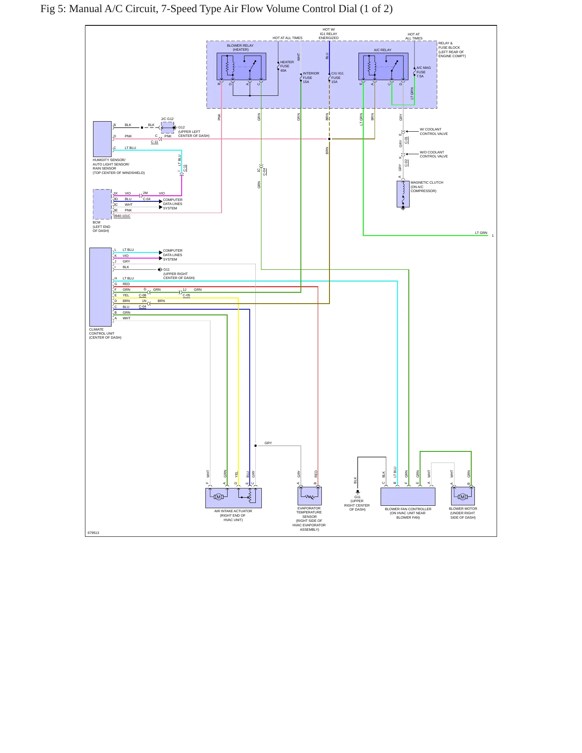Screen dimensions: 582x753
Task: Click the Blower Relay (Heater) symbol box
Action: [x=241, y=66]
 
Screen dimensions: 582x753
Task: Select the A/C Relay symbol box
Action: [x=383, y=66]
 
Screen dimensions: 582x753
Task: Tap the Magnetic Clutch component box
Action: [x=403, y=194]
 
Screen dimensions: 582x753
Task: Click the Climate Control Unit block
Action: [x=100, y=287]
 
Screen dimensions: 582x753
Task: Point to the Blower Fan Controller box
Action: [x=408, y=496]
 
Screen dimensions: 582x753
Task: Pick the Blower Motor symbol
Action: [x=463, y=496]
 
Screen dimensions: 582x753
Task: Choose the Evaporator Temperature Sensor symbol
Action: [x=310, y=496]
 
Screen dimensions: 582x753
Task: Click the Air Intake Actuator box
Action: [x=234, y=498]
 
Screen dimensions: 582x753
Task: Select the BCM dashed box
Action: [x=102, y=204]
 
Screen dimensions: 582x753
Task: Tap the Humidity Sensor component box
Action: [x=102, y=139]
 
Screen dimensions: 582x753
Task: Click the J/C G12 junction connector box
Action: [x=168, y=128]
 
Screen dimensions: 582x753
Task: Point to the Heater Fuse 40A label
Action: [x=287, y=66]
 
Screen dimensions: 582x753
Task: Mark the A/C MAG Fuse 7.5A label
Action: [x=423, y=72]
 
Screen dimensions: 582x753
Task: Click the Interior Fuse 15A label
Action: [x=311, y=78]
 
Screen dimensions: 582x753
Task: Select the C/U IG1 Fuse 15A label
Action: [x=337, y=78]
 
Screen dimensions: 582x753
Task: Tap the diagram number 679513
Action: [x=93, y=533]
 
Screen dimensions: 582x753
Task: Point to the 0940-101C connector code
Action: [x=122, y=216]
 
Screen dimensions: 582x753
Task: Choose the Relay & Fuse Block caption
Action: [x=452, y=50]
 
